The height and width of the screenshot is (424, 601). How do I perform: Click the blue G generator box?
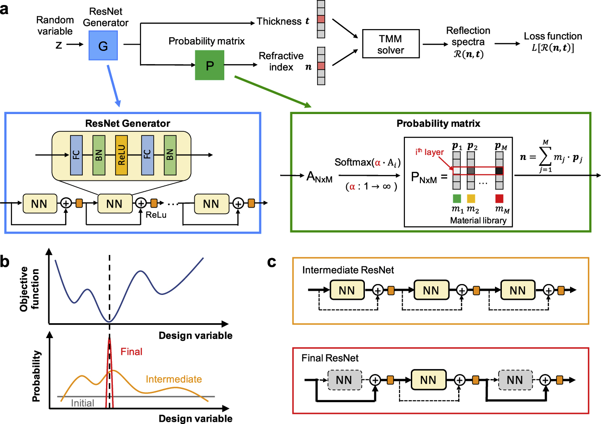[103, 45]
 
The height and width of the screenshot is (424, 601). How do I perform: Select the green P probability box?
[209, 65]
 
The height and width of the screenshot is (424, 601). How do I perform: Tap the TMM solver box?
[390, 44]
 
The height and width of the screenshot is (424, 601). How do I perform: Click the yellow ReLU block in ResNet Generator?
[121, 155]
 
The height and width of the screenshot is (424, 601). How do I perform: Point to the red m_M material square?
[499, 199]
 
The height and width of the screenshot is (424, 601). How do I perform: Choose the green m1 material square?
[457, 199]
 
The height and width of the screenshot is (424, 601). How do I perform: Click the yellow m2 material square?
[471, 199]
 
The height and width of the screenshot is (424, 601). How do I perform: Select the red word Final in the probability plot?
[131, 352]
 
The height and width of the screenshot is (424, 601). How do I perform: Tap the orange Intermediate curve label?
[173, 379]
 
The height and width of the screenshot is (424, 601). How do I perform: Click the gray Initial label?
[82, 403]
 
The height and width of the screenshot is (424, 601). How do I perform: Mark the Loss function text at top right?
[553, 36]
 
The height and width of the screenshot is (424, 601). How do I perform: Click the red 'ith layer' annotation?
[429, 152]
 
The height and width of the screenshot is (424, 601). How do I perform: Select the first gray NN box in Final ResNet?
[344, 380]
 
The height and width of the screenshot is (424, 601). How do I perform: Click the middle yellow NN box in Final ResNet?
[428, 380]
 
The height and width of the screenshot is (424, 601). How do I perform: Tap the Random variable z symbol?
[59, 45]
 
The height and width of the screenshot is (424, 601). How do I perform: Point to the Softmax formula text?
[367, 163]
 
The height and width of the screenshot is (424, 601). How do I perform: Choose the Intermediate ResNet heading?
[348, 270]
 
